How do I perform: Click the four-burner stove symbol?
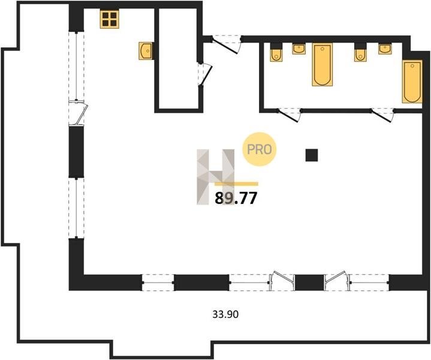coord(110,19)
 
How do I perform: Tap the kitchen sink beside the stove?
coord(146,51)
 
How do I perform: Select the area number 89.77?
coord(236,198)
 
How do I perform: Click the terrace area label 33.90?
coord(225,314)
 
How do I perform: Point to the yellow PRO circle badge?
coord(259,149)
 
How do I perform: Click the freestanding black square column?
coord(312,155)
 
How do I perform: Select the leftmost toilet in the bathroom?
coord(276,53)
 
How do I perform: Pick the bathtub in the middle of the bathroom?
coord(322,64)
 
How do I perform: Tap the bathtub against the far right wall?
coord(412,82)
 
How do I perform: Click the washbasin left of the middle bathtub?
coord(299,49)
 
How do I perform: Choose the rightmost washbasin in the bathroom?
coord(385,49)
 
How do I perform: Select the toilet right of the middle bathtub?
coord(360,53)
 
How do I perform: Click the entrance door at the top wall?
coord(225,44)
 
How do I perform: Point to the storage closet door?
coord(205,74)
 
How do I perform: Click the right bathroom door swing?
coord(382,115)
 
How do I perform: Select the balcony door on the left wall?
coord(78,113)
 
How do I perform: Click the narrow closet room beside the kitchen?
coord(179,58)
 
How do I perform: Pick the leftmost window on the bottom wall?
coord(158,283)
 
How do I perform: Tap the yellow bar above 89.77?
coord(236,184)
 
